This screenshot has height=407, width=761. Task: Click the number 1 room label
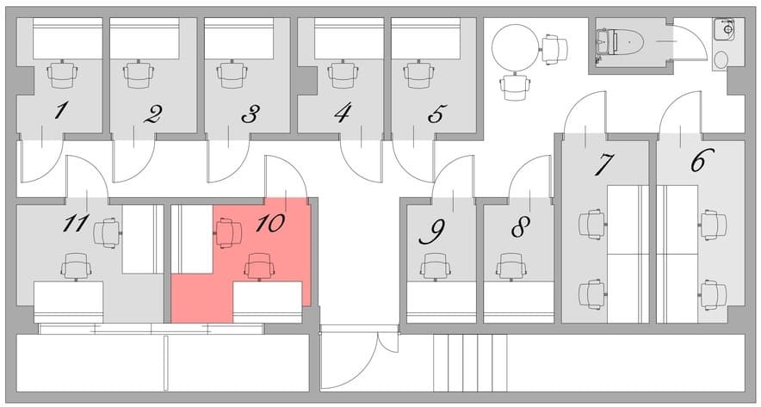click(59, 111)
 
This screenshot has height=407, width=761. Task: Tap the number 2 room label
click(152, 113)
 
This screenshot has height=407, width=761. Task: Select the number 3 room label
click(250, 113)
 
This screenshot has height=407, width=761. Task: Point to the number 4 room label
click(343, 112)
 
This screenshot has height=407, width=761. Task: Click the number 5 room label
click(436, 113)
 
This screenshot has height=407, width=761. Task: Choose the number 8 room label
click(519, 228)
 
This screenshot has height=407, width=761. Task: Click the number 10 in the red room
click(269, 223)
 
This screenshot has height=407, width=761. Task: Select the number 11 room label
click(76, 224)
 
